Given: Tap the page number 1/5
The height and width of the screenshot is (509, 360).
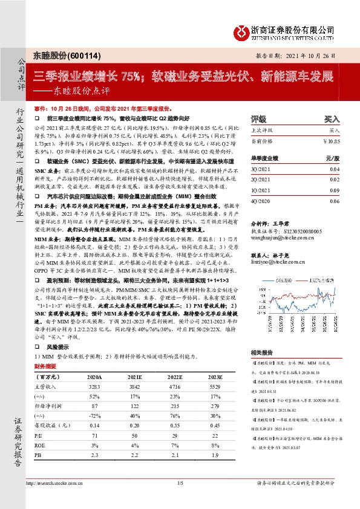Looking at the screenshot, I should [180, 482].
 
